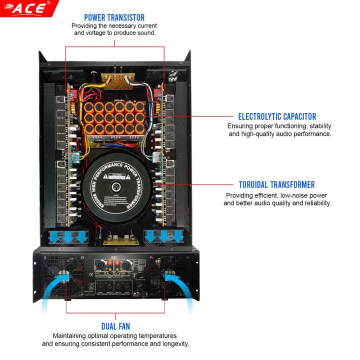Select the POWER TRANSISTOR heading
coord(114,17)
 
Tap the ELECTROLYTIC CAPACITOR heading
coord(277,116)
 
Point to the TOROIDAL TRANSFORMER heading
coord(276,185)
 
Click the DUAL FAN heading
coord(115,326)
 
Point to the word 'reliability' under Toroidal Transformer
coord(316,203)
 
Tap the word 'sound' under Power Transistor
coord(146,33)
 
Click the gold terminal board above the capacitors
coord(115,80)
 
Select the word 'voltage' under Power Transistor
coord(98,33)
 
